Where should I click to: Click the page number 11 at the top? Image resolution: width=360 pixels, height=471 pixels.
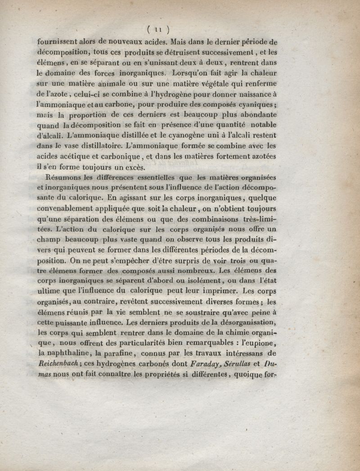157,30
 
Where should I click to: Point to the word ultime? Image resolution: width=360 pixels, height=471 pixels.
49,291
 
